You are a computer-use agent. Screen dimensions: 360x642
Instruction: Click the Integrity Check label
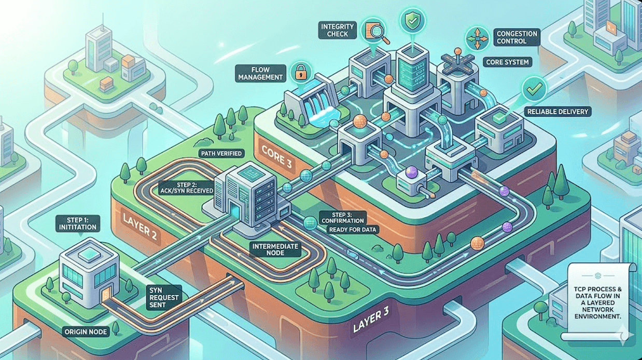point(338,30)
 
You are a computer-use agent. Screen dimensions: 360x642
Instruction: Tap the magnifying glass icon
point(373,30)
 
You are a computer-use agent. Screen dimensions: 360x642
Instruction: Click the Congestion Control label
point(517,37)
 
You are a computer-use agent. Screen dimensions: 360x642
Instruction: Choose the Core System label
point(507,62)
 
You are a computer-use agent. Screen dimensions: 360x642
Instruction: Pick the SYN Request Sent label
point(164,296)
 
